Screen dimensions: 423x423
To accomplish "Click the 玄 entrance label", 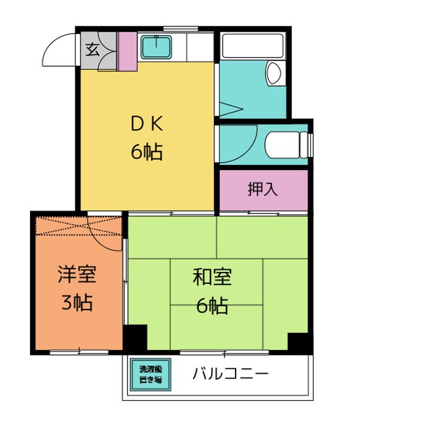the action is [x=93, y=50].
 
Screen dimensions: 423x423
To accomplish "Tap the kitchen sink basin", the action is [x=156, y=47].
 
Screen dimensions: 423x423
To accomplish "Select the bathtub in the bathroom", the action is [x=253, y=46].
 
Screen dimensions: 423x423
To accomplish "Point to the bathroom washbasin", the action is [x=274, y=73].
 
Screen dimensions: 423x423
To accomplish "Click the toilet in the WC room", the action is [x=287, y=145].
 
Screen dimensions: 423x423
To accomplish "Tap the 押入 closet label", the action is [x=263, y=189].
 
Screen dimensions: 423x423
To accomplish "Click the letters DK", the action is [x=147, y=124].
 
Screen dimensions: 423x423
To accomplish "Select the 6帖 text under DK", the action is [x=147, y=152].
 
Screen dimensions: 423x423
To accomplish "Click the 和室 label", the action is [x=212, y=277].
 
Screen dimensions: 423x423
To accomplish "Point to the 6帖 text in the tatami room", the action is [x=212, y=306].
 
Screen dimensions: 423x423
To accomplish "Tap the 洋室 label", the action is [x=77, y=274].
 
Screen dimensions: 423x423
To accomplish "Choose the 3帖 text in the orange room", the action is [x=77, y=303].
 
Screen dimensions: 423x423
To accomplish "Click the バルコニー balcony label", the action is [x=231, y=374].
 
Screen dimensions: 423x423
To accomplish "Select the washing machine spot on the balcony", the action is [x=150, y=374].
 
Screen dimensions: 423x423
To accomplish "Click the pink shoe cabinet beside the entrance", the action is [x=127, y=51].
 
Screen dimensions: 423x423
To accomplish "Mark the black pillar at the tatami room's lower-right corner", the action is [x=300, y=343].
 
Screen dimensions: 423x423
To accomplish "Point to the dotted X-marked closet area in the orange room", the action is [x=79, y=226].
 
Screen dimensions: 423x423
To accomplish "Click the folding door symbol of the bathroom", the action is [x=231, y=109].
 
